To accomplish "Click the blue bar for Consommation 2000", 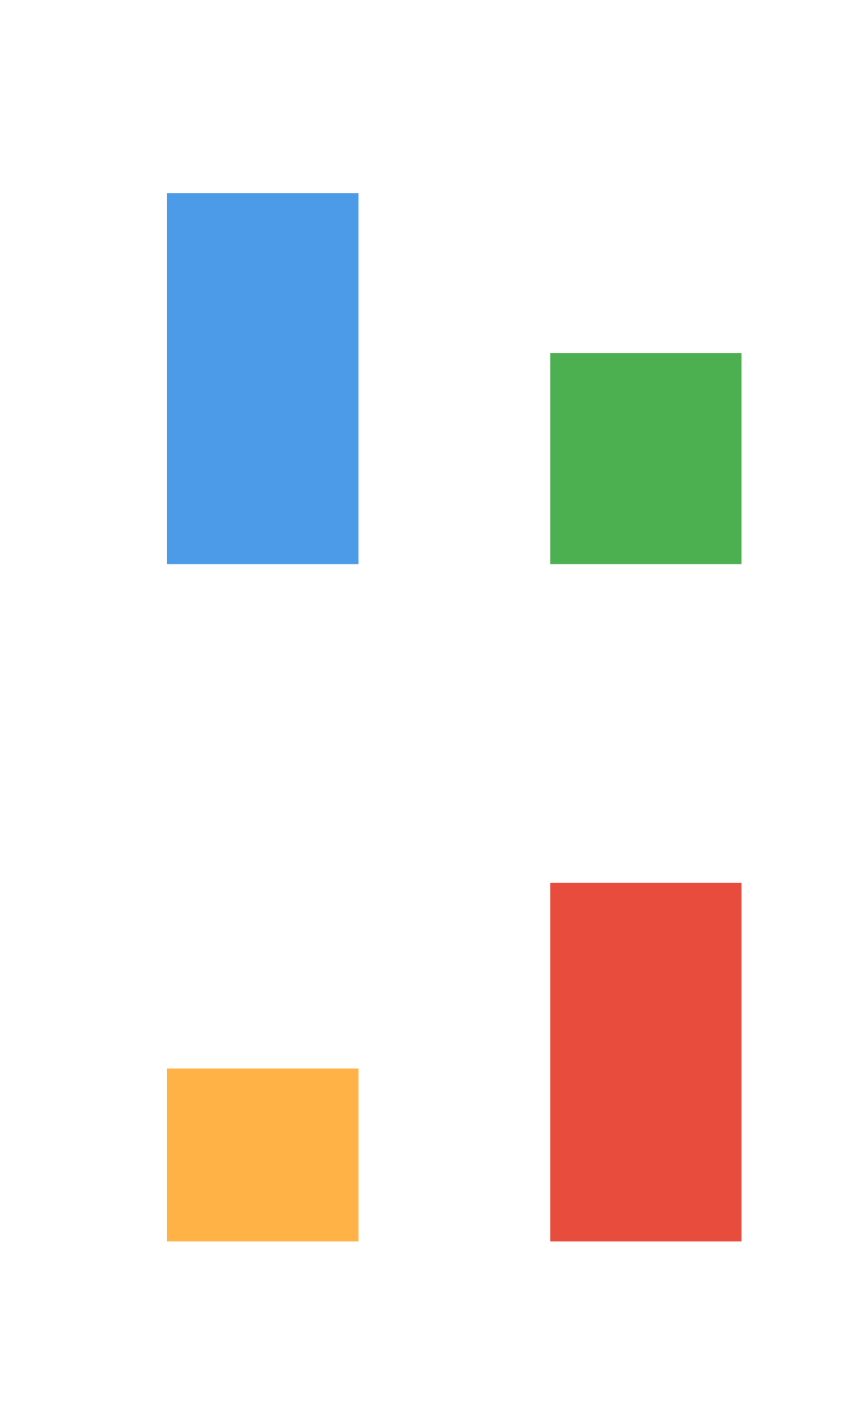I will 262,378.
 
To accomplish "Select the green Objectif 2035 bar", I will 645,458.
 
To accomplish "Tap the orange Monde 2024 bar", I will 262,1154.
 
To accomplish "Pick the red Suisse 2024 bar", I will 645,1062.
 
